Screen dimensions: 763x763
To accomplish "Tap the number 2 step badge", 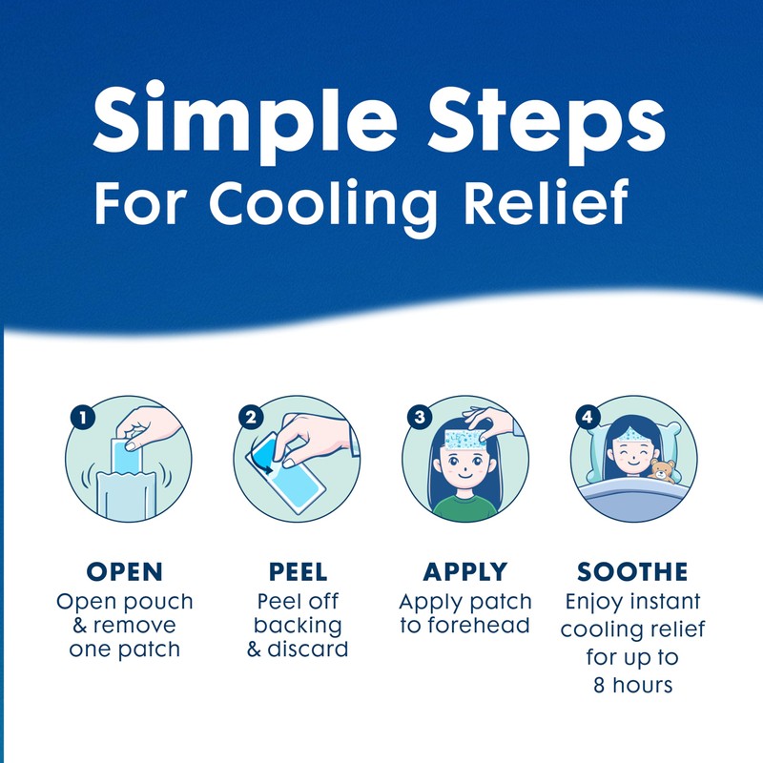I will click(251, 417).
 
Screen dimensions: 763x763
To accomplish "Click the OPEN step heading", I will click(124, 572).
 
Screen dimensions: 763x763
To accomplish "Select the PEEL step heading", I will click(292, 572).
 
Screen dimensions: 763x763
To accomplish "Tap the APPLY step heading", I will click(464, 572).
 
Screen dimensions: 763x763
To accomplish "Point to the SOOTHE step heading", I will click(631, 572).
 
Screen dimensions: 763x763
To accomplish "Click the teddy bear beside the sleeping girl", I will click(662, 470).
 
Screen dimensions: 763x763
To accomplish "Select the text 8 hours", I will click(631, 684).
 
